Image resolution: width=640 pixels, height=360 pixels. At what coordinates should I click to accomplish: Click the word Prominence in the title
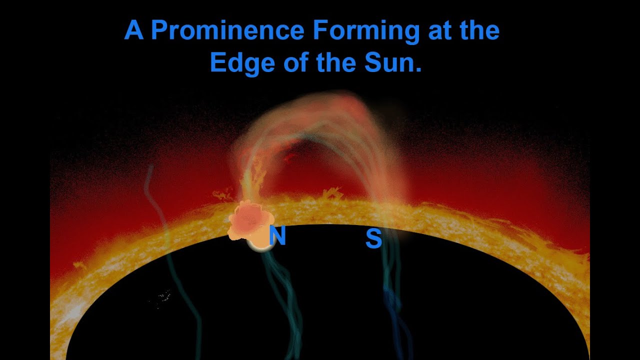[227, 30]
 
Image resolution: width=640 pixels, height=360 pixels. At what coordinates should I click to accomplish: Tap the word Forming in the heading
[366, 30]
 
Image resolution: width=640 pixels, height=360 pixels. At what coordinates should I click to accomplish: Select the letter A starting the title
[133, 30]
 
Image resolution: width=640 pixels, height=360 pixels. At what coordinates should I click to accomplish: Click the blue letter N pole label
[277, 236]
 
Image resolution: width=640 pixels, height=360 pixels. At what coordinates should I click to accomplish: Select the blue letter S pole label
[373, 239]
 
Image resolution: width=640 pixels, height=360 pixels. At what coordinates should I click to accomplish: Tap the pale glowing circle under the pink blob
[260, 244]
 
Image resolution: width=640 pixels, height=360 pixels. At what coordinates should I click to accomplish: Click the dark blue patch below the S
[392, 300]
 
